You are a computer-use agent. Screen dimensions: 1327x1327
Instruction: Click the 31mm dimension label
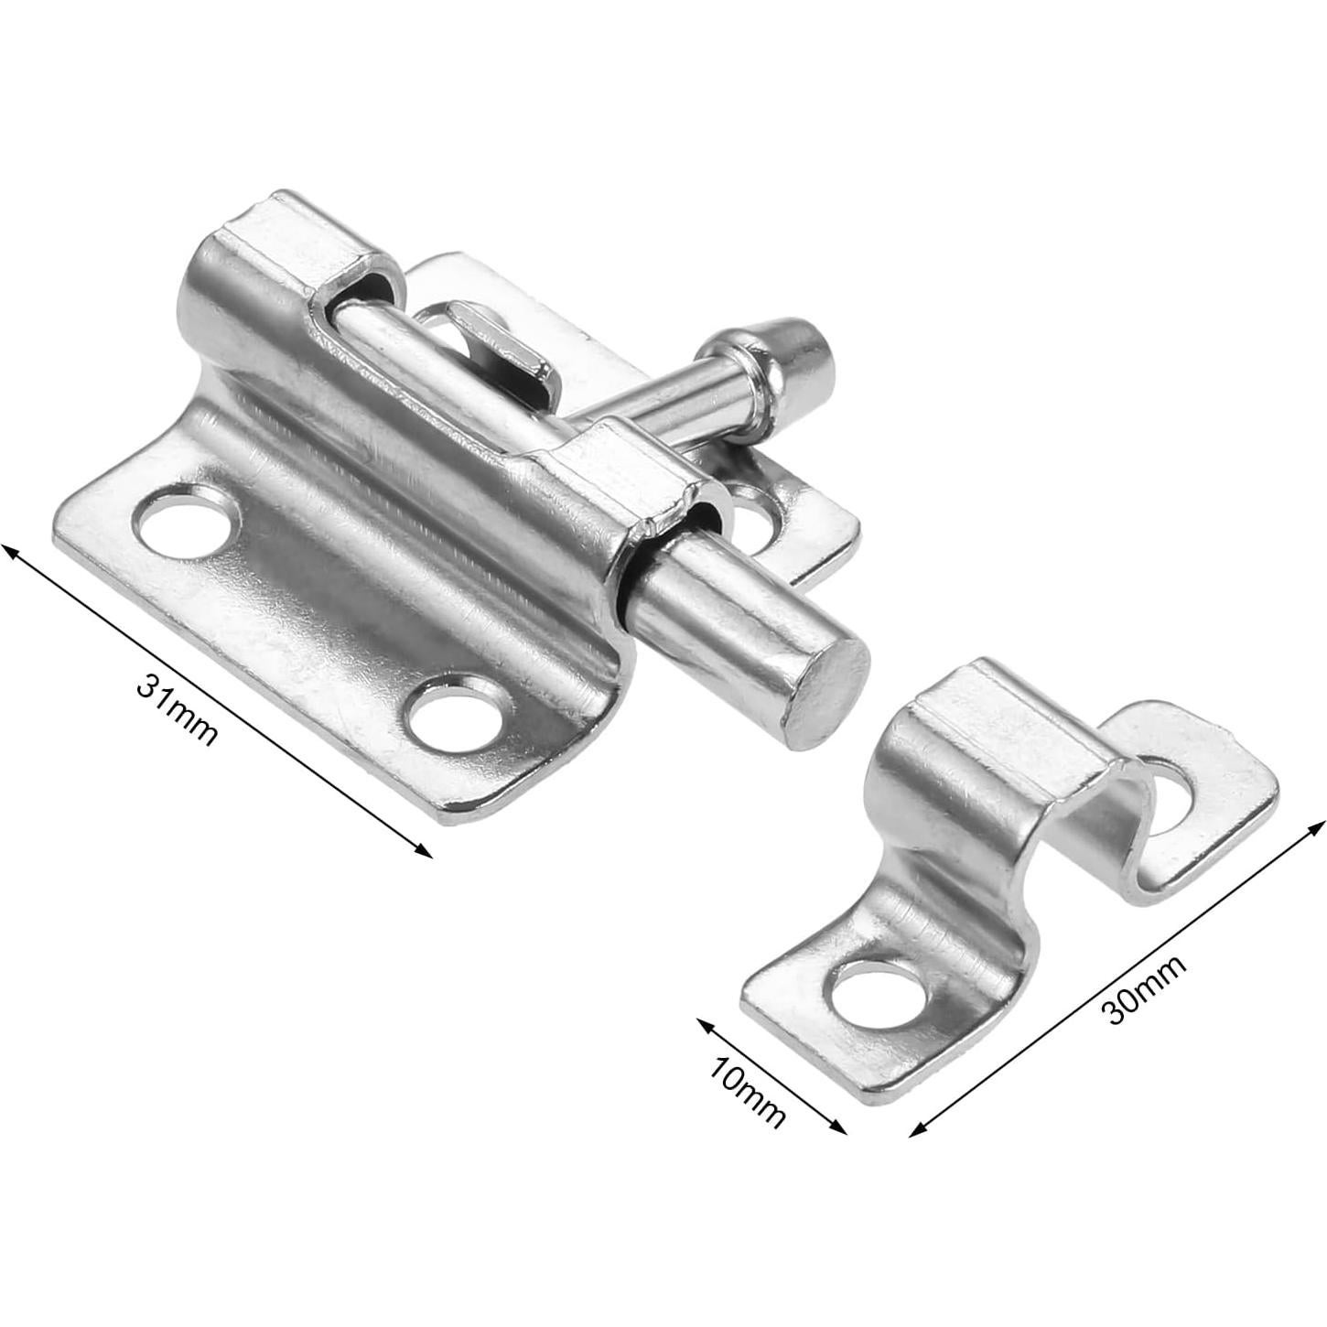point(177,710)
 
